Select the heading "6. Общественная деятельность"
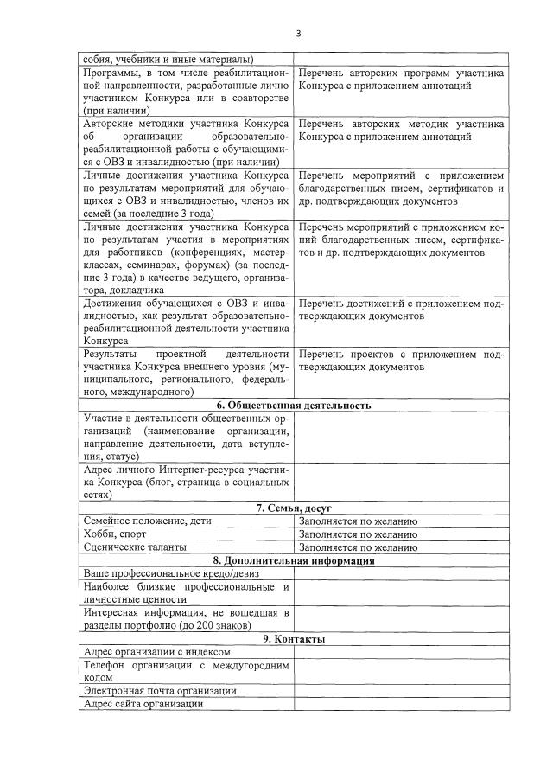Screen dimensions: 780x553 (294, 405)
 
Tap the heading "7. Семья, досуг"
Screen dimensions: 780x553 (294, 508)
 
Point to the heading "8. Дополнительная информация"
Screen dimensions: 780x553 (294, 560)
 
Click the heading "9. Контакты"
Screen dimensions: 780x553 (294, 638)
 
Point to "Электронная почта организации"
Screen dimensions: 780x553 (159, 691)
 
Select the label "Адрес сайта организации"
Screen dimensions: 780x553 (143, 704)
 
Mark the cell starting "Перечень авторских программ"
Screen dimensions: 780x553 (401, 80)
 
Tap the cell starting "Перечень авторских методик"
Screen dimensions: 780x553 (401, 130)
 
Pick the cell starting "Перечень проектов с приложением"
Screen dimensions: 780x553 (401, 360)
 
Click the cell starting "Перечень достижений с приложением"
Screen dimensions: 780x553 (401, 310)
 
